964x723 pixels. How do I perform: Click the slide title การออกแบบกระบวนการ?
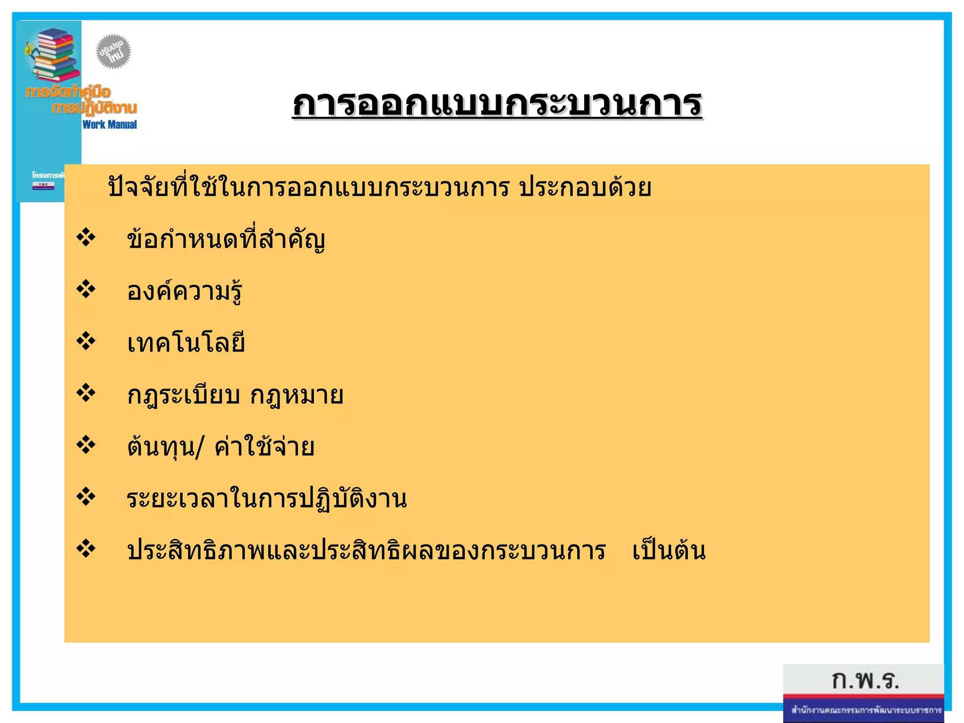[497, 104]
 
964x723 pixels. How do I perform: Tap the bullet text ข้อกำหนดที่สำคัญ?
[226, 239]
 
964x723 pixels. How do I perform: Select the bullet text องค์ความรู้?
[185, 291]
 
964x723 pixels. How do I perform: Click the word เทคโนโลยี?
[186, 343]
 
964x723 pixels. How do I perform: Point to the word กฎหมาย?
[297, 395]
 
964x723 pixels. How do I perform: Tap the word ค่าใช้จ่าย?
[265, 447]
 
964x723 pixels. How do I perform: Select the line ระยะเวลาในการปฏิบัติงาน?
[266, 498]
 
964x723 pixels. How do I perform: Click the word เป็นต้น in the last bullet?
[669, 550]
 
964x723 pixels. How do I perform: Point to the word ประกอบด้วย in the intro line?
[585, 187]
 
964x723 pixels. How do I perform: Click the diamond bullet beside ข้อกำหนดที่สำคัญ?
[86, 237]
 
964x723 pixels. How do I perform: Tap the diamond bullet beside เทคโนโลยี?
[86, 341]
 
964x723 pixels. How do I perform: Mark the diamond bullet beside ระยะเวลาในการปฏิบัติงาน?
[86, 497]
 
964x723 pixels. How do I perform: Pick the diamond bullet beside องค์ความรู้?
[86, 289]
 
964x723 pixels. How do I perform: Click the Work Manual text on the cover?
[110, 125]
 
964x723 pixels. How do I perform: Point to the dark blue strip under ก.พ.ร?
[864, 710]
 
